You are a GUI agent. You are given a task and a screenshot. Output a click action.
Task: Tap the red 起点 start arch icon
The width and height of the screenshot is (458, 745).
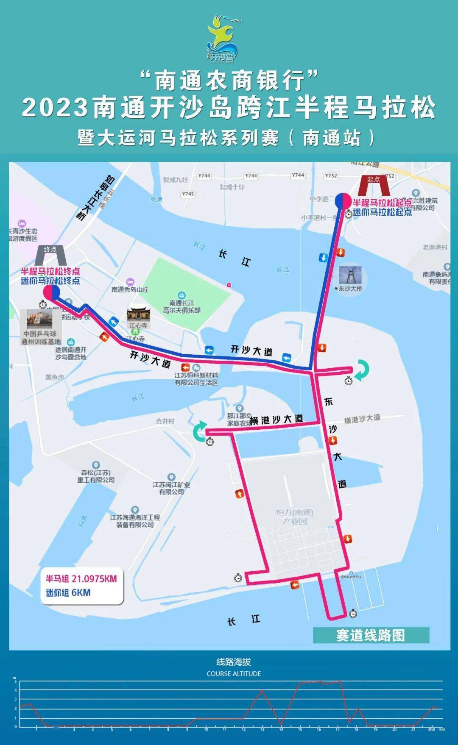click(374, 185)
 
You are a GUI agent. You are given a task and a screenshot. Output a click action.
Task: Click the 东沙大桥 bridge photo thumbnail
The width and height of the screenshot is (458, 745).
click(350, 276)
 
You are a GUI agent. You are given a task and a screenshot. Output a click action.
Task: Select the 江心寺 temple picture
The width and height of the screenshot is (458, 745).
click(138, 315)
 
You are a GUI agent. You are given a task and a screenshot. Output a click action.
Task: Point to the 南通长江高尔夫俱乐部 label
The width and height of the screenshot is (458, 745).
click(182, 306)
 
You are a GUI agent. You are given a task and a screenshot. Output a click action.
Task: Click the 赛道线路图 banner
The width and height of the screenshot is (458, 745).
click(371, 635)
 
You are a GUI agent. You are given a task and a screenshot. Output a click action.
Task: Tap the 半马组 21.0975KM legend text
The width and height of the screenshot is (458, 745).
click(81, 579)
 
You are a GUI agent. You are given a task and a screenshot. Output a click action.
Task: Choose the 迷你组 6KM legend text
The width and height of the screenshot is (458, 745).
click(68, 592)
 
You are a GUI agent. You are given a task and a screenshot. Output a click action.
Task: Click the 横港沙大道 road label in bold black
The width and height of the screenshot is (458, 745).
click(276, 420)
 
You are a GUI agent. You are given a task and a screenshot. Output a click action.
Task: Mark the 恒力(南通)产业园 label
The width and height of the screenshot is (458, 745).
click(295, 517)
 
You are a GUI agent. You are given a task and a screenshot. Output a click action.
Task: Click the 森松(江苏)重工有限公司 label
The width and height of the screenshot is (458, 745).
click(96, 476)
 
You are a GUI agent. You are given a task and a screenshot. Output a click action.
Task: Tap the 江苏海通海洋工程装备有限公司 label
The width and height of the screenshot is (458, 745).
click(135, 521)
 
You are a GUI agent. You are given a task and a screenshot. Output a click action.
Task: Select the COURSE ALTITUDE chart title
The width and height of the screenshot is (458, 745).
click(234, 673)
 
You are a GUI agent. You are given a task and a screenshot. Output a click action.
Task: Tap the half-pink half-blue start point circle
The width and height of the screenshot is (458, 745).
click(343, 201)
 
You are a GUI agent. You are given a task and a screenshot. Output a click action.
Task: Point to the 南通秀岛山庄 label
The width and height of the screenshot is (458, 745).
click(130, 289)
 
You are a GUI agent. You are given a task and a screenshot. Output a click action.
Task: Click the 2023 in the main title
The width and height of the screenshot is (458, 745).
click(55, 108)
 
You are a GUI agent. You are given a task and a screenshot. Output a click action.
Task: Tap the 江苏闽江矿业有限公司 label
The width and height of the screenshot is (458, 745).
click(171, 488)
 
